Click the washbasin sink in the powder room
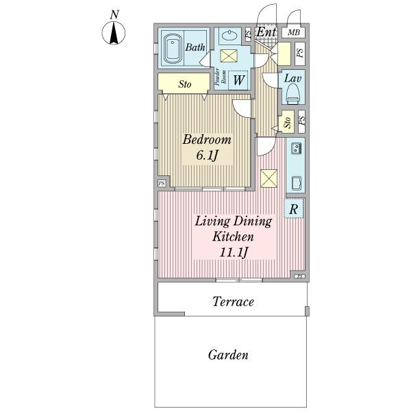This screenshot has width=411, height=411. (230, 34)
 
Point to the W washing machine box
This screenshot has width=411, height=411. (238, 80)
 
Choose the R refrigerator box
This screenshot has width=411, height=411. (294, 208)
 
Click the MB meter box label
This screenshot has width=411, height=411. (294, 32)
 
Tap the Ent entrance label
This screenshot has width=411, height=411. (266, 32)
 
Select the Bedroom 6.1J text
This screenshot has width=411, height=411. (207, 147)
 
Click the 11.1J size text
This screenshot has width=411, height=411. (234, 252)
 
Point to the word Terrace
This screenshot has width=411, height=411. (233, 301)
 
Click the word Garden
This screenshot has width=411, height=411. (228, 355)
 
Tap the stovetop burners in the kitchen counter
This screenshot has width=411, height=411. (296, 149)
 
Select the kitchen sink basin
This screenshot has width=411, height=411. (297, 184)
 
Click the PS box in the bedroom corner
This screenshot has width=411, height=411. (162, 183)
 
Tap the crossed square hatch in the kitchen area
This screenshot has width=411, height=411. (269, 179)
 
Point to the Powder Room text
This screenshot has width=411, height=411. (221, 77)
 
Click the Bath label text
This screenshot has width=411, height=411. (195, 47)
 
